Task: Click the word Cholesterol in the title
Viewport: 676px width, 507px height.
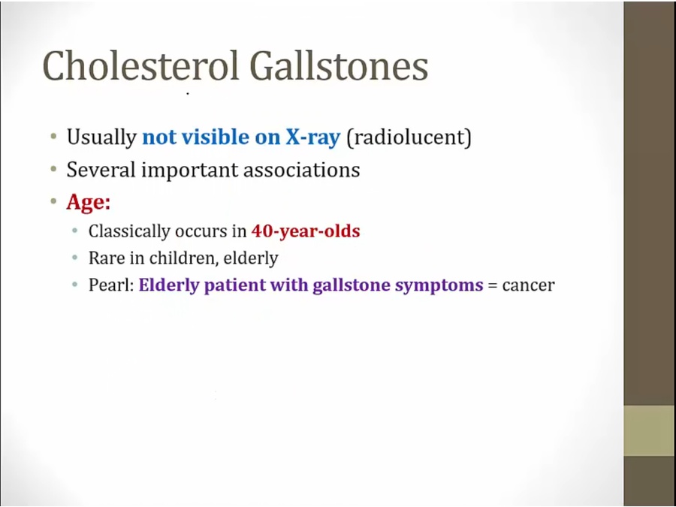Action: pos(140,66)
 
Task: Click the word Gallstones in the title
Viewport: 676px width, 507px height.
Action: pos(339,66)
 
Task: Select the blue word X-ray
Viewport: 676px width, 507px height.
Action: pos(312,137)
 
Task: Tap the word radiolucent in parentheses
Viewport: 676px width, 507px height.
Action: pos(409,137)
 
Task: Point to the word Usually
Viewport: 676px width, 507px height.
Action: pos(101,137)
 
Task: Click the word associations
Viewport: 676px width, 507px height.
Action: pos(301,170)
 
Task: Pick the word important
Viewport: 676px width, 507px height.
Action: pos(189,170)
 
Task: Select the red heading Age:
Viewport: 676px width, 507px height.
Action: pos(89,202)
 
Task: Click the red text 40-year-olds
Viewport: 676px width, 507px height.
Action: pos(306,231)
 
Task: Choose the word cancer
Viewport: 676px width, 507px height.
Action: pos(529,285)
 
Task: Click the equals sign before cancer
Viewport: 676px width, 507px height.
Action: pos(493,285)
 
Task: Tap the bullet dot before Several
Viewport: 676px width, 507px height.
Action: pos(53,169)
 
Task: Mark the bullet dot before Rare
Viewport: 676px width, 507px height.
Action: pos(75,258)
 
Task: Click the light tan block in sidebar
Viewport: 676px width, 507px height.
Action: pos(650,430)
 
